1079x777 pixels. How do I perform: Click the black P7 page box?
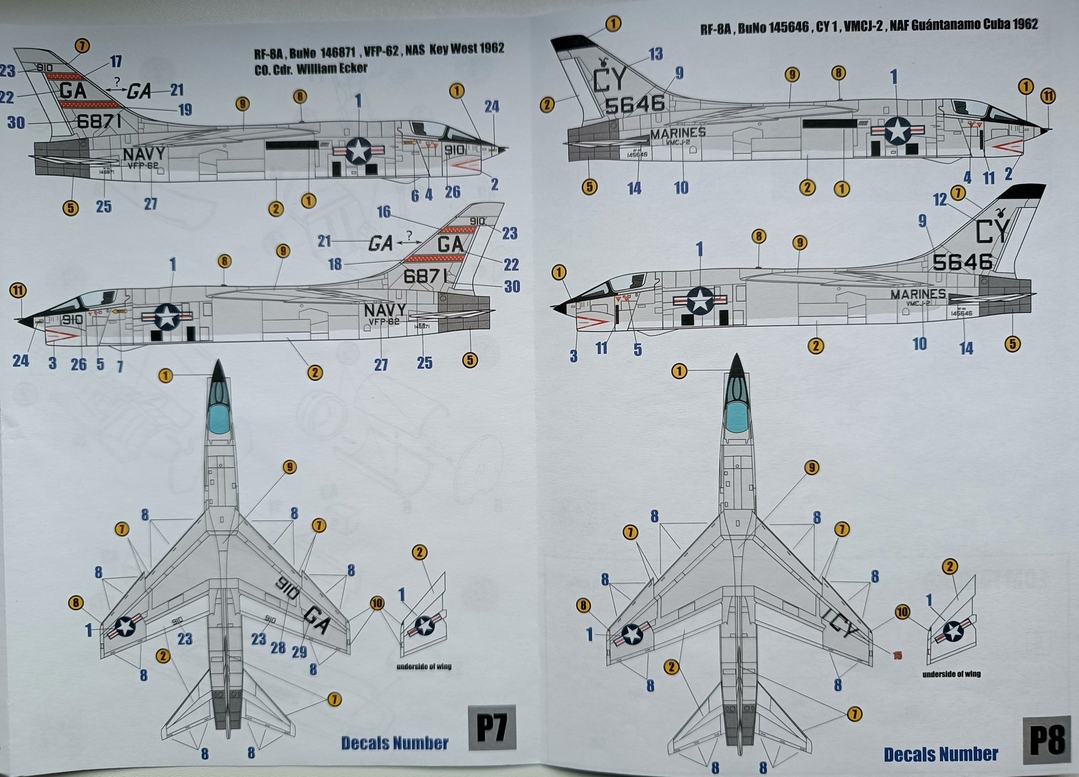[x=492, y=729]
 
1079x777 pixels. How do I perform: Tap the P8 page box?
[x=1047, y=739]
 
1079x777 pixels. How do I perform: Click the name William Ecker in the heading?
[x=332, y=68]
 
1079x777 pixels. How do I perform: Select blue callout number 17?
[x=116, y=61]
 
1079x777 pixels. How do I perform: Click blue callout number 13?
[x=655, y=54]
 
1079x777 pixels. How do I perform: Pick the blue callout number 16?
[x=384, y=212]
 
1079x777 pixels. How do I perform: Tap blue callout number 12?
[x=939, y=199]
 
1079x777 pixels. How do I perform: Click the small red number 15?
[x=897, y=655]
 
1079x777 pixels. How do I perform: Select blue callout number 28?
[x=278, y=648]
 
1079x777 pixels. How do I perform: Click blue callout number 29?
[x=299, y=652]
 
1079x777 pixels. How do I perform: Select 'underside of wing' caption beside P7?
[x=424, y=666]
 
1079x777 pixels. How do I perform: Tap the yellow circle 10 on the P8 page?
[x=902, y=612]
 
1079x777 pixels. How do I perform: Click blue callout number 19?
[x=185, y=110]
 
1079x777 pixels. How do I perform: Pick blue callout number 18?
[x=335, y=264]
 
